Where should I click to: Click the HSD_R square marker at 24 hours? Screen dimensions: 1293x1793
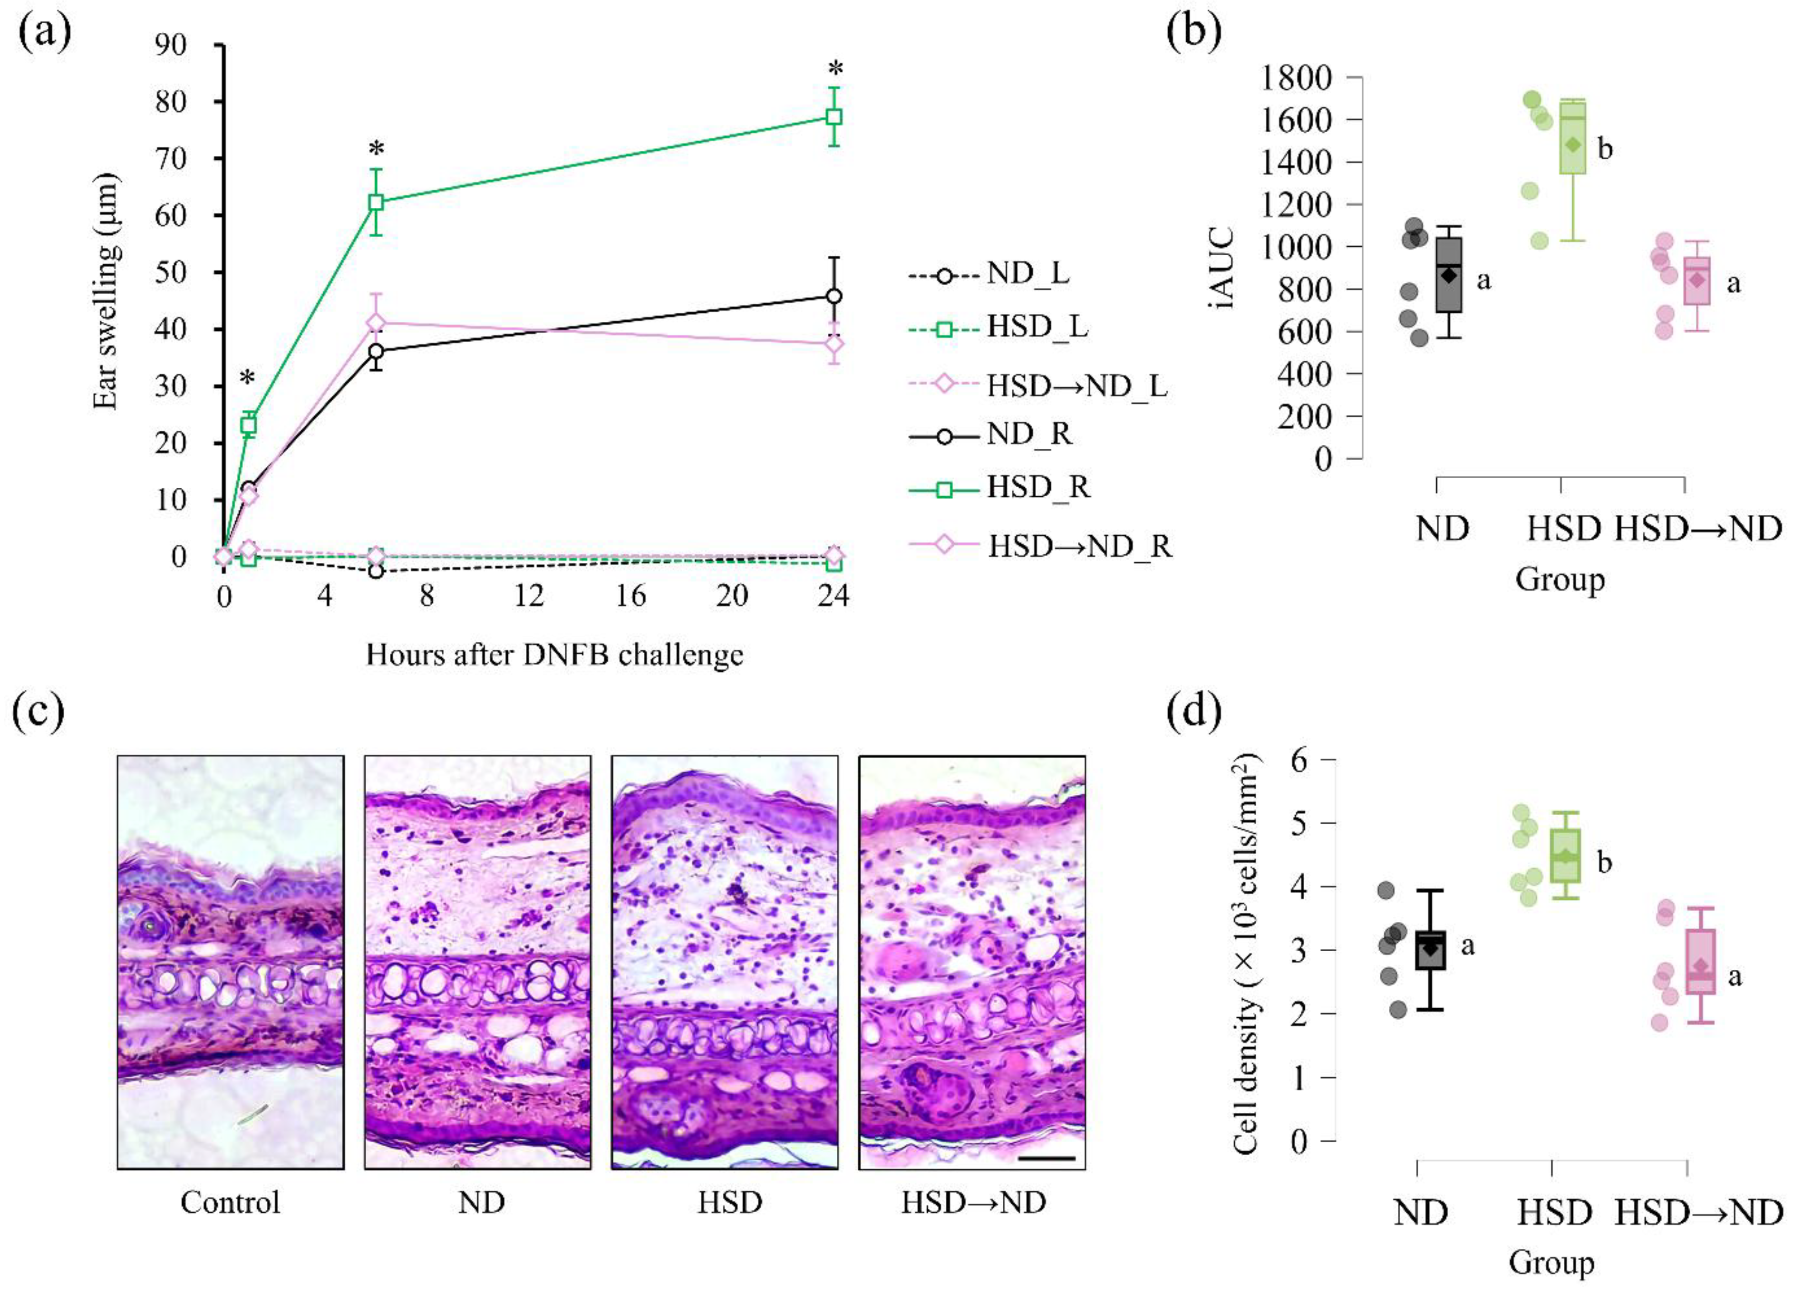[833, 117]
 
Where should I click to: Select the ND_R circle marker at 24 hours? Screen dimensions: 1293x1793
[833, 296]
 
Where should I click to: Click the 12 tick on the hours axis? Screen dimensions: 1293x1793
[529, 595]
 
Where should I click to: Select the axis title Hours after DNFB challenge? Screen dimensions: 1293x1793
[554, 655]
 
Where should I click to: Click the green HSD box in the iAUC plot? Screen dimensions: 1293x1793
[1571, 138]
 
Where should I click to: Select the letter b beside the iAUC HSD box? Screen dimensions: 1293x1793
[1605, 149]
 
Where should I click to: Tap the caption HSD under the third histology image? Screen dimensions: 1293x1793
[729, 1202]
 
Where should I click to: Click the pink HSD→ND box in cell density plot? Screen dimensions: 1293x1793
[1700, 972]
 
